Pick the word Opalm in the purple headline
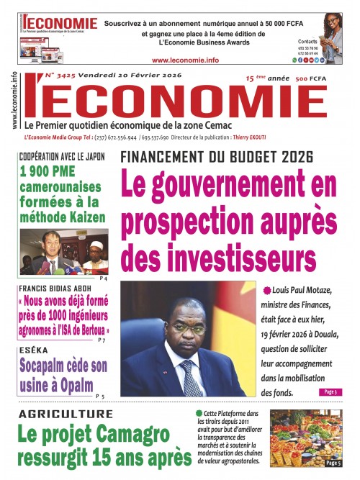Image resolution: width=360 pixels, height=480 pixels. coord(88,383)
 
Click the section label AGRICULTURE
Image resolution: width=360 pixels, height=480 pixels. coord(66,415)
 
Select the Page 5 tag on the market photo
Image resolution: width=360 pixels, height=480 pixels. coord(333,462)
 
